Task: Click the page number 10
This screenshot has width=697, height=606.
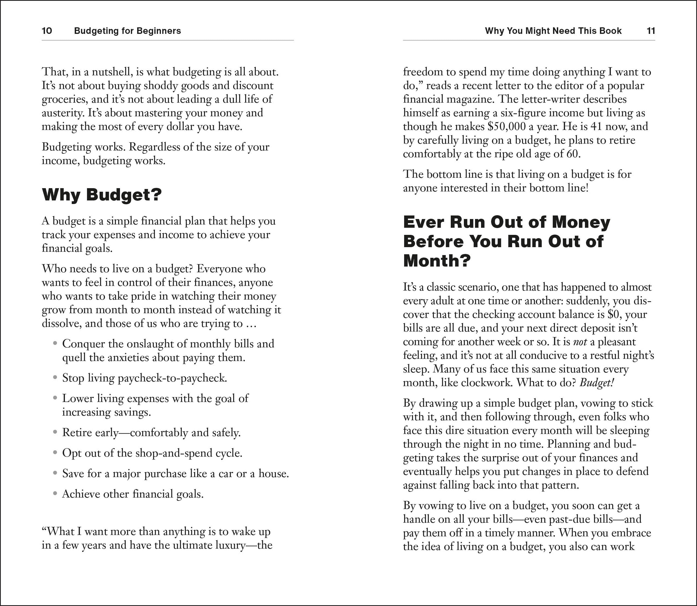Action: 47,31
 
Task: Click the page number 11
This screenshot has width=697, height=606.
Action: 651,31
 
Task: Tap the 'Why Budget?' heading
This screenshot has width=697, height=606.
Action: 102,195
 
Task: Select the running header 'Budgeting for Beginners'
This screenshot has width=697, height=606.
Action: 127,31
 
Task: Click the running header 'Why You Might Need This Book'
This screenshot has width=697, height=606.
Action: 553,31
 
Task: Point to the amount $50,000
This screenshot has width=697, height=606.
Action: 507,126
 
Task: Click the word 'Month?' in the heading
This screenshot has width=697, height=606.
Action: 437,261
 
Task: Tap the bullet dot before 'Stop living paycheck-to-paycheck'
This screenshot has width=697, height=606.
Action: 55,377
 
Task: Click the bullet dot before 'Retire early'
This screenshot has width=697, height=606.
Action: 55,432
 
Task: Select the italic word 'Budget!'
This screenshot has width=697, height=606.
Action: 596,382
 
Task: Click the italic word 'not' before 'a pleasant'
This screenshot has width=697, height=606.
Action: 580,342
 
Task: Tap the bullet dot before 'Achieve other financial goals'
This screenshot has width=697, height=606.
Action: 55,494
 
